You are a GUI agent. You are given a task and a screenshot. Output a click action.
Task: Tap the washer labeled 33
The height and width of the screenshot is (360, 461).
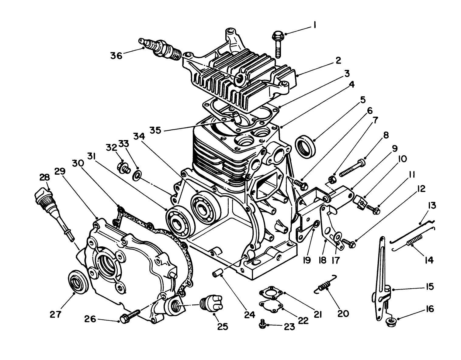point(138,175)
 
